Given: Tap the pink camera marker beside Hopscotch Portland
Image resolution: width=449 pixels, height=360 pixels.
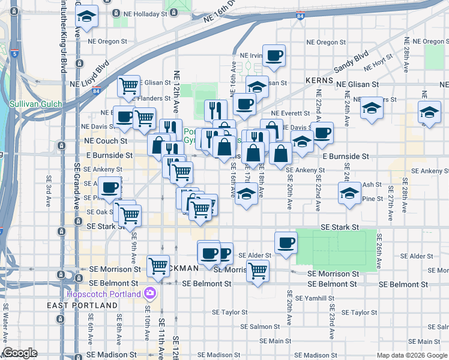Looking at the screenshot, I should point(150,294).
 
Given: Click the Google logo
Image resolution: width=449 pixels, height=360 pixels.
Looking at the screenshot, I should point(20,353).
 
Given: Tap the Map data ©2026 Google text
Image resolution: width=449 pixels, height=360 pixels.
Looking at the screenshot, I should point(412,355).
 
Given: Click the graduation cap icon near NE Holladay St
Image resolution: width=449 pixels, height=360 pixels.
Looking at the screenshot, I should point(87,17).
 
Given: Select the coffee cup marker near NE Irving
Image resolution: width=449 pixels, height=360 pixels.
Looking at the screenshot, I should point(274,56).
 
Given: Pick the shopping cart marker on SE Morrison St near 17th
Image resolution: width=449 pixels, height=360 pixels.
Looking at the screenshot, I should point(258,271).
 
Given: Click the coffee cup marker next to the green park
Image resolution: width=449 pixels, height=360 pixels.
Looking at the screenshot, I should point(286,243).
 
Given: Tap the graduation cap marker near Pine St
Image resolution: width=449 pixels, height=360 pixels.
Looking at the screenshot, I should point(349,193).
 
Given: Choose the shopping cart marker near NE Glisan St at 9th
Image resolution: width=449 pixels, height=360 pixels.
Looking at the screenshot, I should point(128,86).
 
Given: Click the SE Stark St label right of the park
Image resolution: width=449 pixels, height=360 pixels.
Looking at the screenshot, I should point(339,227).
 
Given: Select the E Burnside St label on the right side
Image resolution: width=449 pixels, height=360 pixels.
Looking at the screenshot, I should point(345,156).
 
